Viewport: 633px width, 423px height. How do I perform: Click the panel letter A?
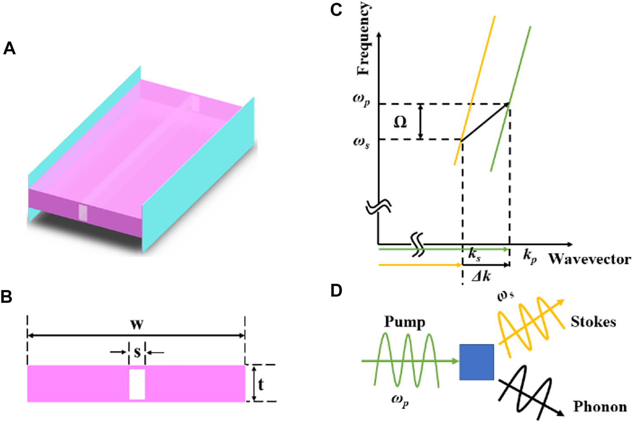pos(9,48)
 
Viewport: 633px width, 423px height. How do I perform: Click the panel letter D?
pos(336,290)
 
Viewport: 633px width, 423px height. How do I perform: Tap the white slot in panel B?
pos(137,384)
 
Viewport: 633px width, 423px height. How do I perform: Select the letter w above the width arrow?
pos(137,324)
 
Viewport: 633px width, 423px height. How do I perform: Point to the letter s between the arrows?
pos(137,352)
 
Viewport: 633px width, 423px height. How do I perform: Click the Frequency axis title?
pos(363,39)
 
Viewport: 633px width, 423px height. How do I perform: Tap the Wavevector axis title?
pos(590,259)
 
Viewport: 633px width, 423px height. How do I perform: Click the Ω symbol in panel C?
pos(400,122)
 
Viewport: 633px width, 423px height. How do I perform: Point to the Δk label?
pos(481,276)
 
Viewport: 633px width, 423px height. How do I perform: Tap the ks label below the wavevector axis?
pos(475,255)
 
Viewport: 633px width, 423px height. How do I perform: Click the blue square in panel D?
pos(476,362)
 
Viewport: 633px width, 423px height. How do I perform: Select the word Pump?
pos(405,322)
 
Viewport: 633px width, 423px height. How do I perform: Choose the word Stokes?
pos(593,321)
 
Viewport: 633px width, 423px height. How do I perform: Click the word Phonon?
pos(600,406)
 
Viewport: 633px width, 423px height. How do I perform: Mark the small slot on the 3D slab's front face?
pos(83,213)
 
